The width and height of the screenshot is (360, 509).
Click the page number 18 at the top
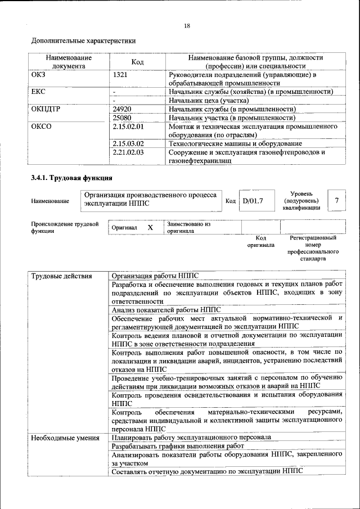coord(187,25)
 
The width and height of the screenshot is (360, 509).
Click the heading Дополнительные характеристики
coord(83,41)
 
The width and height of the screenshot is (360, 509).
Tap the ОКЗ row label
coord(38,74)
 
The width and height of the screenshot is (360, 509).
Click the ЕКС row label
coord(38,91)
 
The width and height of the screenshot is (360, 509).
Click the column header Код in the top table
coord(138,61)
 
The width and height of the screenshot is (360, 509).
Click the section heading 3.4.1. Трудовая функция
coord(71,178)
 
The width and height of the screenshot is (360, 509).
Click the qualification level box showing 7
coord(336,200)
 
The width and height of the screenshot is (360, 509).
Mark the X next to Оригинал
coord(150,228)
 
